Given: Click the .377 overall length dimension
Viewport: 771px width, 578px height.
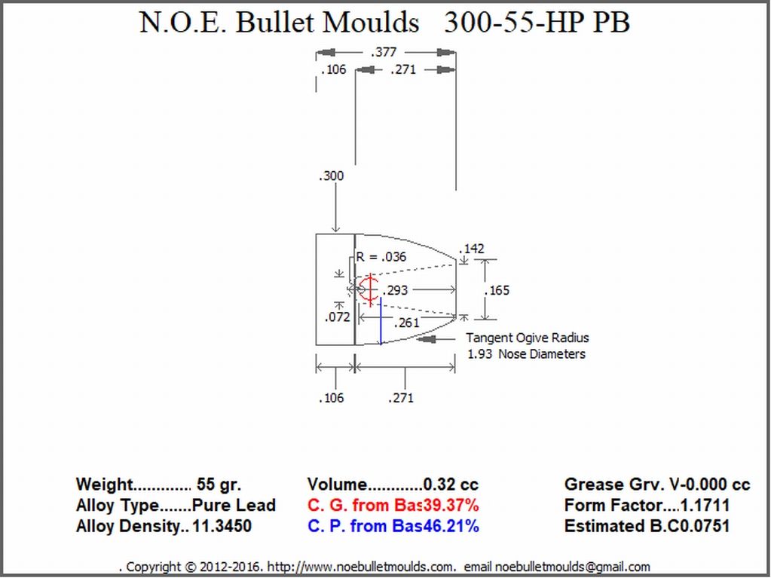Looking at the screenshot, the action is pyautogui.click(x=384, y=51).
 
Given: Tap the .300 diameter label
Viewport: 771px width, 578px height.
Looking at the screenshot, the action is pyautogui.click(x=331, y=176).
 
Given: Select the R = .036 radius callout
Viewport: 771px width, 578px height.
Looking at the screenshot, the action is pyautogui.click(x=381, y=256).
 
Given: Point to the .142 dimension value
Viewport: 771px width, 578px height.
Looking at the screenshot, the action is pyautogui.click(x=472, y=248).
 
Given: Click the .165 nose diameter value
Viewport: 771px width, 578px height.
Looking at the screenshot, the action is pyautogui.click(x=497, y=290).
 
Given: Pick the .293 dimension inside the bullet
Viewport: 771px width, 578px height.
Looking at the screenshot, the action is pyautogui.click(x=396, y=290).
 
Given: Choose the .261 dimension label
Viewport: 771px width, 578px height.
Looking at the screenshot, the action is pyautogui.click(x=407, y=323).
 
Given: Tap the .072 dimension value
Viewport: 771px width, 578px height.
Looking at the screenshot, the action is pyautogui.click(x=338, y=317).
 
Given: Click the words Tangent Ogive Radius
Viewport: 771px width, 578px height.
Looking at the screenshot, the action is pyautogui.click(x=527, y=338).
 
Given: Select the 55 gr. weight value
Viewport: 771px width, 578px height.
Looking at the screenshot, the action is pyautogui.click(x=219, y=485).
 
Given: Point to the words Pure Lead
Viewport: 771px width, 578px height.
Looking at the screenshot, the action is pyautogui.click(x=234, y=505).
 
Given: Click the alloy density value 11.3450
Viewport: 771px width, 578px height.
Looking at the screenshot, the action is pyautogui.click(x=222, y=526).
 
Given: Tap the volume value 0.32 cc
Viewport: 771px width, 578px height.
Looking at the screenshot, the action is pyautogui.click(x=451, y=485).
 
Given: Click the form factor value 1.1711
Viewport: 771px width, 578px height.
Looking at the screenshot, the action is pyautogui.click(x=705, y=505).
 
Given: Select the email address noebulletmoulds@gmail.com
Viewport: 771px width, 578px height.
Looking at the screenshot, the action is pyautogui.click(x=572, y=567).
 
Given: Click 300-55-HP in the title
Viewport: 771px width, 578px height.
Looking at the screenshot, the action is pyautogui.click(x=506, y=22).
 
